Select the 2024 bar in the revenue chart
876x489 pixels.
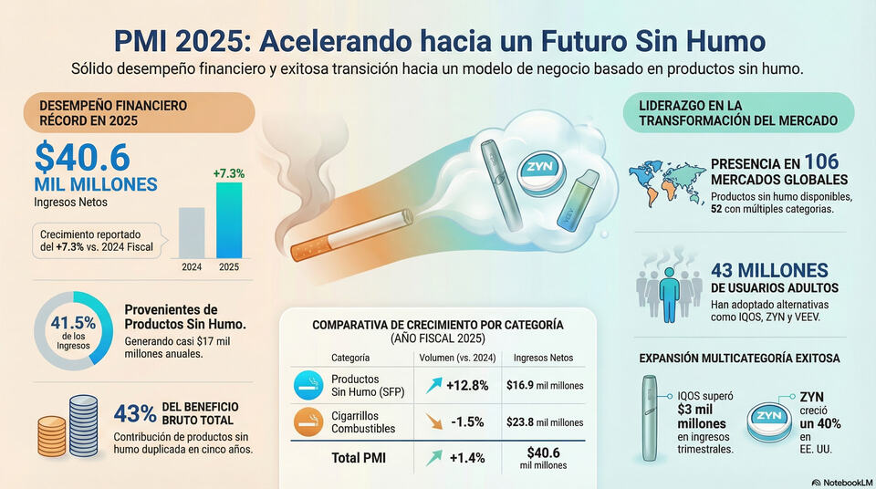tap(192, 233)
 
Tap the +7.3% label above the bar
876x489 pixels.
tap(229, 173)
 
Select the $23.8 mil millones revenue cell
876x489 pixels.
tap(544, 423)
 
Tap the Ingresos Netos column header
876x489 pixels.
tap(544, 358)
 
